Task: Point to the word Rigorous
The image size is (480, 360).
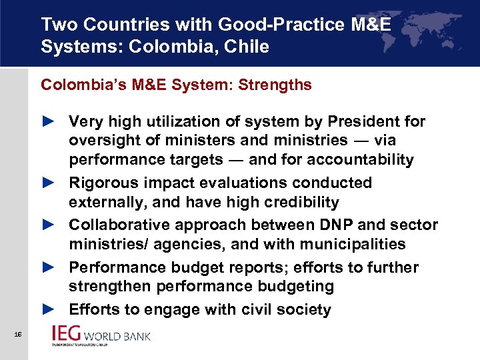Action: (x=103, y=183)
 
